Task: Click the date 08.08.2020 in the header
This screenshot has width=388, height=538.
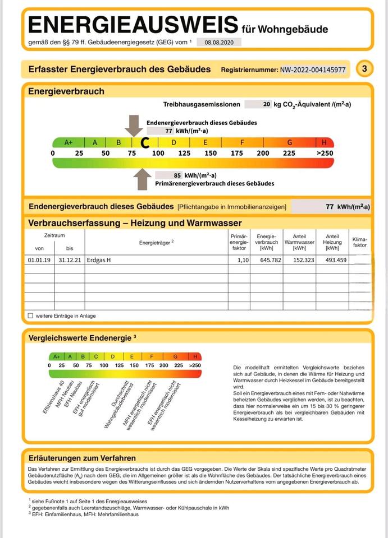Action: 219,42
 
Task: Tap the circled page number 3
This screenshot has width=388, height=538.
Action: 364,69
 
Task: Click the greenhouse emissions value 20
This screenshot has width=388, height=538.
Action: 266,104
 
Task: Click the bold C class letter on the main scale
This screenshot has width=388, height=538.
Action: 144,143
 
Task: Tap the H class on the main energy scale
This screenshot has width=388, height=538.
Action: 324,142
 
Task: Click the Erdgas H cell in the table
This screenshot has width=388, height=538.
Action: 99,260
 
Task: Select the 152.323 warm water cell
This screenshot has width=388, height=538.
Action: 295,260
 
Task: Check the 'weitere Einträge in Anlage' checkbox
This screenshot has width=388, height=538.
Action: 30,316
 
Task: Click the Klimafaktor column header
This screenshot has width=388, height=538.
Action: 359,242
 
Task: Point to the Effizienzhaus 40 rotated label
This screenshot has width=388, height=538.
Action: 54,397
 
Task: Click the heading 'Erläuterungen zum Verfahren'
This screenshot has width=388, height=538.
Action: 82,458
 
